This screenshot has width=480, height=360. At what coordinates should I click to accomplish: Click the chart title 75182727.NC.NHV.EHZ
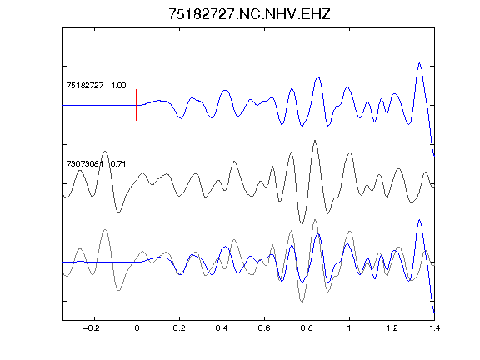point(249,14)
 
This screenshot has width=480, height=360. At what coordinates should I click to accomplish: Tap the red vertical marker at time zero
point(137,105)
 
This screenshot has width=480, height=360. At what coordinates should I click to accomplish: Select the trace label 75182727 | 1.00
point(96,85)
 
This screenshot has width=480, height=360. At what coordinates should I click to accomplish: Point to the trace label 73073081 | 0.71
point(96,164)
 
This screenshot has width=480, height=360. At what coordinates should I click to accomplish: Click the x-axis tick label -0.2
point(92,328)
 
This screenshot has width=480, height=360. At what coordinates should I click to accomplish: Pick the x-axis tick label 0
point(137,328)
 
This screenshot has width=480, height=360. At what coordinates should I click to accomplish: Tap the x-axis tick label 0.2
point(179,328)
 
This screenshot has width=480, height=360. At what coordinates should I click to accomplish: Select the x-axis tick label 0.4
point(222,328)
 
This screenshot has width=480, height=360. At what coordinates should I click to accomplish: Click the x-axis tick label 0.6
point(264,328)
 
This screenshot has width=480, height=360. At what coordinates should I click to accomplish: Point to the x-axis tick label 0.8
point(307,328)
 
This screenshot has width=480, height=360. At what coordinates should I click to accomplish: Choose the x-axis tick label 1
point(349,328)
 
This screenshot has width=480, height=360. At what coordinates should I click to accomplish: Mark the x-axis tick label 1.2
point(392,328)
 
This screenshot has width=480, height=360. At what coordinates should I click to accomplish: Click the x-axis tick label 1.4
point(434,328)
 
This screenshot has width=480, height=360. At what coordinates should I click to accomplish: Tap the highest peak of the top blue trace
point(419,63)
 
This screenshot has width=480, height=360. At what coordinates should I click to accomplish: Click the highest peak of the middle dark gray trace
point(315,141)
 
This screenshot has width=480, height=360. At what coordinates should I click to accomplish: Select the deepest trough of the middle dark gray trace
point(302,223)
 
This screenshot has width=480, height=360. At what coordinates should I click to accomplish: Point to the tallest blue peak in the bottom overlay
point(419,220)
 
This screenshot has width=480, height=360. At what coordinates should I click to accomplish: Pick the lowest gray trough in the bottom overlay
point(302,302)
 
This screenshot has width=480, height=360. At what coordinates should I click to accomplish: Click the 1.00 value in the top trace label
point(118,85)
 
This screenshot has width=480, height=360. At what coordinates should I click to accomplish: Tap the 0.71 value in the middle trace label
point(118,164)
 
